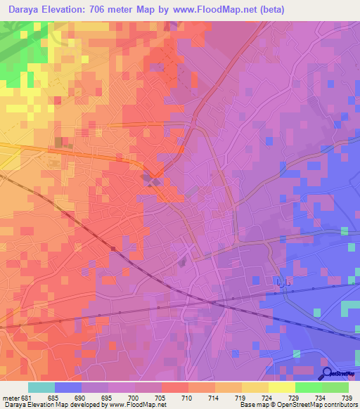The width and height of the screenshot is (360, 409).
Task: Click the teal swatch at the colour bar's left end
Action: pyautogui.click(x=41, y=387)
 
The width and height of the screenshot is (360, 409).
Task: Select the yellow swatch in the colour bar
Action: pyautogui.click(x=282, y=387)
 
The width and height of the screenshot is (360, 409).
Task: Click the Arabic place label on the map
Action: pyautogui.click(x=282, y=282)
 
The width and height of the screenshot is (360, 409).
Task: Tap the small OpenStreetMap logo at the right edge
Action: pyautogui.click(x=349, y=247)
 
